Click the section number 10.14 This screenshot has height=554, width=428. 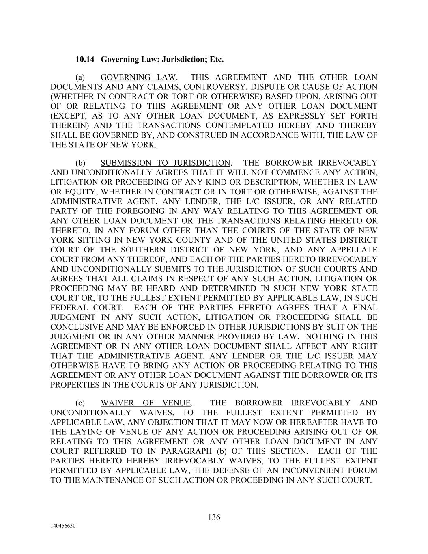point(85,60)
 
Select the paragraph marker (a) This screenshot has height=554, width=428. point(81,78)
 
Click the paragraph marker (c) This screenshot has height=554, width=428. point(80,403)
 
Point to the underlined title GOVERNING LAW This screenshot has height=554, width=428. point(138,78)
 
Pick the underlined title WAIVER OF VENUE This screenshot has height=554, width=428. point(146,403)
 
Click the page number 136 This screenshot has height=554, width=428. point(214,517)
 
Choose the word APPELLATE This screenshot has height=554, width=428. point(354,250)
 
